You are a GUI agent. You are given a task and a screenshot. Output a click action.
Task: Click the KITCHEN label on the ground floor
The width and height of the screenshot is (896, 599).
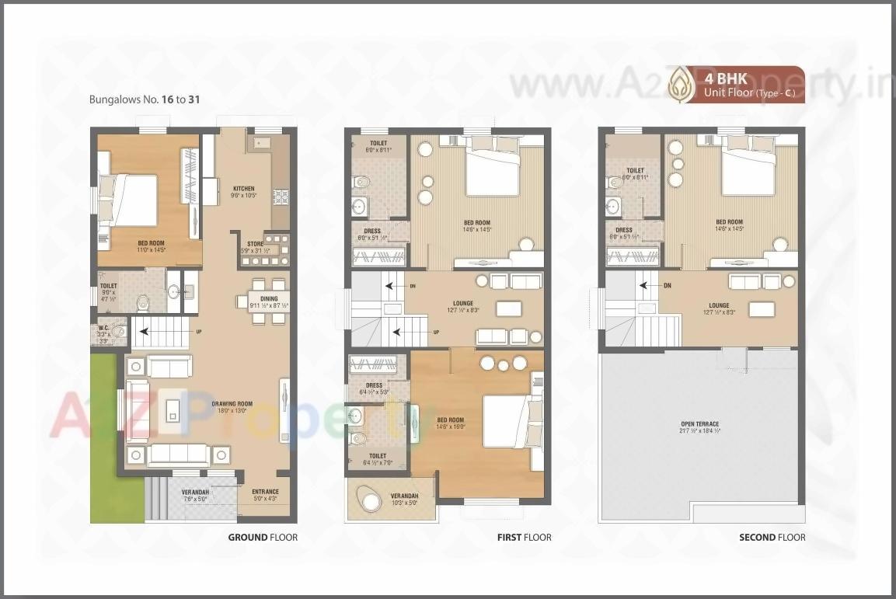tap(243, 189)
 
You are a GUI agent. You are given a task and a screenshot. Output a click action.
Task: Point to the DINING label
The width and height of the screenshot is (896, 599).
tap(269, 298)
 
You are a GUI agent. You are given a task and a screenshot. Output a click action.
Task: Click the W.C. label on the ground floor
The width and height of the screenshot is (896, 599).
tap(103, 328)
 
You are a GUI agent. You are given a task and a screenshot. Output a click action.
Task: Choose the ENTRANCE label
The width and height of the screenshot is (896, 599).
tap(265, 492)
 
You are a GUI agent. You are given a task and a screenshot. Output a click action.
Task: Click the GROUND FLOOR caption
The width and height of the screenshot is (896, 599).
tap(263, 537)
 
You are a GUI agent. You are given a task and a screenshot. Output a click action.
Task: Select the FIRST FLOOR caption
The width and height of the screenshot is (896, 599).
tap(525, 537)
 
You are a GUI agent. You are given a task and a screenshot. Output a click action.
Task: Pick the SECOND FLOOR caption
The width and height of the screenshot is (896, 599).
tap(772, 537)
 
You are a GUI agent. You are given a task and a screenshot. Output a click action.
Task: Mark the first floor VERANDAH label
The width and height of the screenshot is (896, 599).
tap(403, 496)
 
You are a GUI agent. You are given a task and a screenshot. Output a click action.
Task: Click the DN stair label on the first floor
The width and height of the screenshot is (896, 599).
tap(413, 286)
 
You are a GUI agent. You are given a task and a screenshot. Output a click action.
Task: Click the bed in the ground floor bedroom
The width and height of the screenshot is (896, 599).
tap(133, 200)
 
